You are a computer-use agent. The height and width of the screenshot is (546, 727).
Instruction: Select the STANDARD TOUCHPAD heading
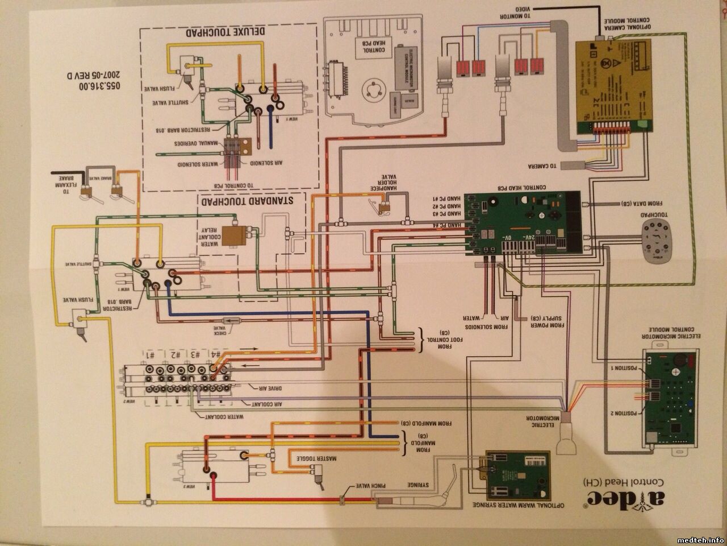point(250,200)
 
